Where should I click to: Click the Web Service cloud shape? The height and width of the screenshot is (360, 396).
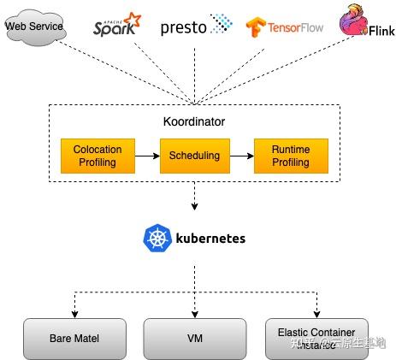[34, 27]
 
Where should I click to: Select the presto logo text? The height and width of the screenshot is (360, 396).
[183, 27]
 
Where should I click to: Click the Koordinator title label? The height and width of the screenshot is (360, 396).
[193, 121]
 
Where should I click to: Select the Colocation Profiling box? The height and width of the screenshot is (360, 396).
[97, 156]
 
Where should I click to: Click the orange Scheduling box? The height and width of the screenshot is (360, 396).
[194, 156]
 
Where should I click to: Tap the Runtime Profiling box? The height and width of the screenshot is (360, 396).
[291, 156]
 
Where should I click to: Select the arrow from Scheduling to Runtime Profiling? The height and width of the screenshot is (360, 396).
[242, 156]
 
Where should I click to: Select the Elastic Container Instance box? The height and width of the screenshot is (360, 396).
[316, 338]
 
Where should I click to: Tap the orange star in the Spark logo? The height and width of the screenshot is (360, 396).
[132, 18]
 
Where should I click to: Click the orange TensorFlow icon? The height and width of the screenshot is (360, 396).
[254, 28]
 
